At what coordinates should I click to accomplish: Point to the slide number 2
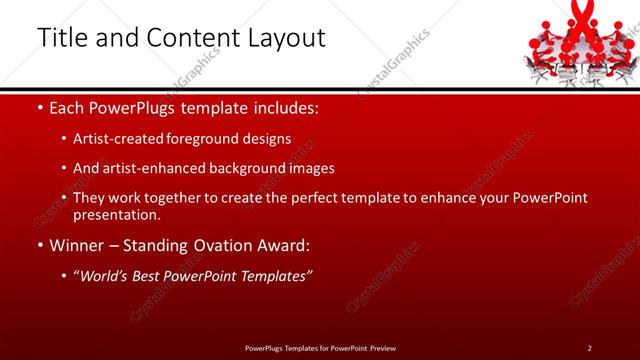pos(589,347)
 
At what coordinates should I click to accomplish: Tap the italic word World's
pos(105,276)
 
